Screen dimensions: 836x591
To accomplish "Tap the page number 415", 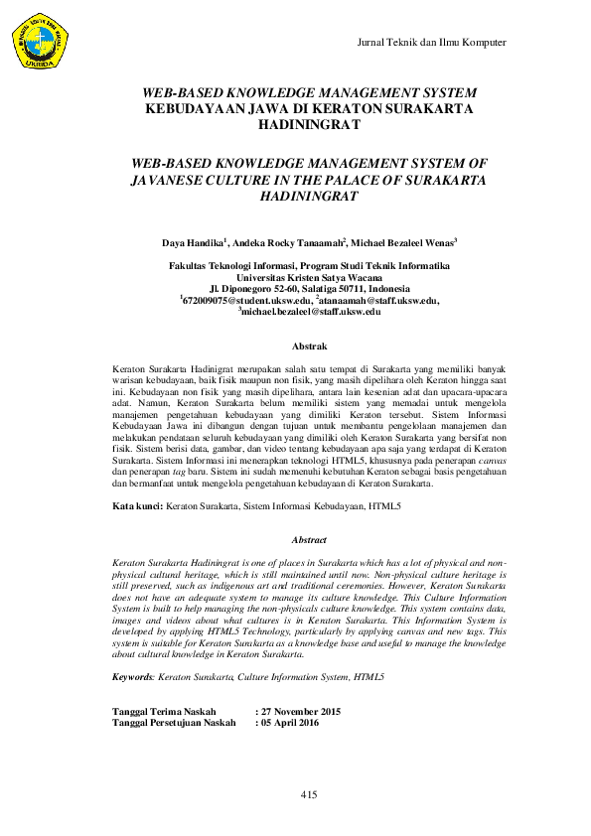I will (308, 795).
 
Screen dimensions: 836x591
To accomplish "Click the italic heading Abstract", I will (309, 540).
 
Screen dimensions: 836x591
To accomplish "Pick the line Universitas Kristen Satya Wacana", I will (309, 277).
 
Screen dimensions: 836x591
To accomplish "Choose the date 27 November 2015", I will (301, 711).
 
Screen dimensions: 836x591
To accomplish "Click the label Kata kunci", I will (137, 507).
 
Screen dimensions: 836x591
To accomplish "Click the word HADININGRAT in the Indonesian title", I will (309, 126).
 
